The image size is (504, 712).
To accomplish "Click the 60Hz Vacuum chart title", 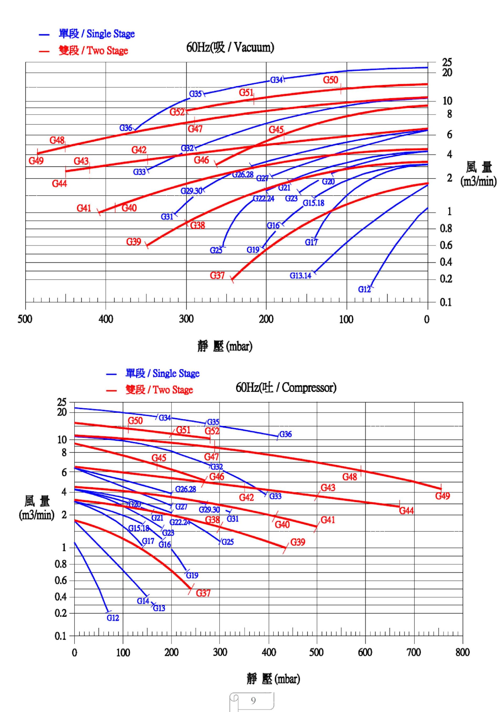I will pyautogui.click(x=230, y=47).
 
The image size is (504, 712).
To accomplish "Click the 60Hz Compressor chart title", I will pyautogui.click(x=286, y=387).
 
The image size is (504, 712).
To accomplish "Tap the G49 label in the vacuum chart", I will pyautogui.click(x=36, y=161).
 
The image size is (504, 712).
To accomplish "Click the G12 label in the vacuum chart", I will pyautogui.click(x=364, y=289).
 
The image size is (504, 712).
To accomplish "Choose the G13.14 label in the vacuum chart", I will pyautogui.click(x=300, y=275).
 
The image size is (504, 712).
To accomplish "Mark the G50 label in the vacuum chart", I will pyautogui.click(x=330, y=80).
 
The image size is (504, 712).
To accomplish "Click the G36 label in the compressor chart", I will pyautogui.click(x=285, y=434).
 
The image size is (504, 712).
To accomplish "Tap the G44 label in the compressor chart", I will pyautogui.click(x=406, y=510).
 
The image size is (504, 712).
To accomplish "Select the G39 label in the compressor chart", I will pyautogui.click(x=298, y=542).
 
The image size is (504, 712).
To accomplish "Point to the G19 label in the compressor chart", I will pyautogui.click(x=192, y=576).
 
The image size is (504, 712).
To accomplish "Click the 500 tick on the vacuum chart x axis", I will pyautogui.click(x=25, y=319).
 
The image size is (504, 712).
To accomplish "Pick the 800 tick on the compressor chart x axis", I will pyautogui.click(x=462, y=652).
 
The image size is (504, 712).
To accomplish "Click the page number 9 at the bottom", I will pyautogui.click(x=253, y=700).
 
